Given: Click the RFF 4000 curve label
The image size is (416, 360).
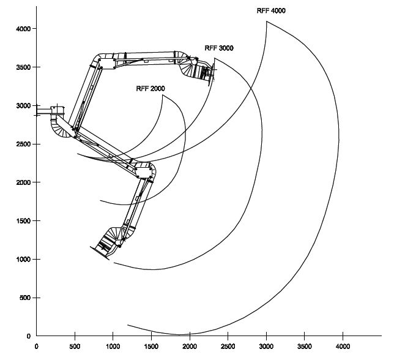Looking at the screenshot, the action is click(x=271, y=10).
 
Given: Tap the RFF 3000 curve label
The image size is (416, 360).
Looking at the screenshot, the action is click(x=219, y=48).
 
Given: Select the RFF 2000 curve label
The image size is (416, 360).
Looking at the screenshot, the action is click(x=150, y=88).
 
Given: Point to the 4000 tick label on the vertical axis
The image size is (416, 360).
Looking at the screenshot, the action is click(x=23, y=29).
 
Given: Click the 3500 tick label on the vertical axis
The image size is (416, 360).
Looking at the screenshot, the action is click(x=23, y=67).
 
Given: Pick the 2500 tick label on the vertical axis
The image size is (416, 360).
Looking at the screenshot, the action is click(x=23, y=144).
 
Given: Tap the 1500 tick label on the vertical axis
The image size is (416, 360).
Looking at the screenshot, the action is click(x=23, y=221).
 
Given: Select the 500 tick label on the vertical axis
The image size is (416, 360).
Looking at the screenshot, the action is click(x=25, y=298).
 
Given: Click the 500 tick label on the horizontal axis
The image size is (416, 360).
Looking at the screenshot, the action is click(x=75, y=347).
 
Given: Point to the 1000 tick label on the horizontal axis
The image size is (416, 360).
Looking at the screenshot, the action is click(x=113, y=347).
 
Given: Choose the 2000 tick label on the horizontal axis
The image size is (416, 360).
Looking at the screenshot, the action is click(x=190, y=347).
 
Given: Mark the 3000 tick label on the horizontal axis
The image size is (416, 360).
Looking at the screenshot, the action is click(x=266, y=347).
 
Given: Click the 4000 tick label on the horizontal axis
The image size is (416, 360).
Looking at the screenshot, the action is click(x=343, y=347).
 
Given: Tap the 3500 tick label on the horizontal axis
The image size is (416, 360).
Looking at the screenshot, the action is click(x=304, y=347).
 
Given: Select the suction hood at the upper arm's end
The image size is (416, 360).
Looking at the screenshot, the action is click(x=206, y=72).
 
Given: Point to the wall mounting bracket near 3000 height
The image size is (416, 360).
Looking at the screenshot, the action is click(x=50, y=111).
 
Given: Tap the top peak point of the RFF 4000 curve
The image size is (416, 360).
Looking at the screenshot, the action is click(x=267, y=21).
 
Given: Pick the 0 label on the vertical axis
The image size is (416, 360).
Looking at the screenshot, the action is click(x=29, y=336).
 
